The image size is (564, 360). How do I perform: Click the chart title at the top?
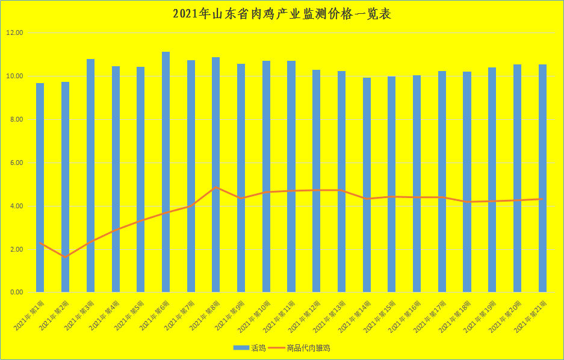point(282,14)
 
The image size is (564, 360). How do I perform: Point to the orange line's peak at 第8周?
point(216,187)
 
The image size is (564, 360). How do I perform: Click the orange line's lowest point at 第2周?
point(65,257)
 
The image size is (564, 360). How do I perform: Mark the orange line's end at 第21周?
point(542,199)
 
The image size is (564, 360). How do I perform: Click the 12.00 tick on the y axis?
point(14,33)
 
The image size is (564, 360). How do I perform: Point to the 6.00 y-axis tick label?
point(14,163)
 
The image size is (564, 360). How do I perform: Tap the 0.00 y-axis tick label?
point(14,293)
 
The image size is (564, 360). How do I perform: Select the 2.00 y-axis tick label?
point(14,249)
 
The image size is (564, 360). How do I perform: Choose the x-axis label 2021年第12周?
point(304,315)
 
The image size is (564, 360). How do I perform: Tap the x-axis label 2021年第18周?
point(454,315)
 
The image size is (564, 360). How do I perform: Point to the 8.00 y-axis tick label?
point(14,120)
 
